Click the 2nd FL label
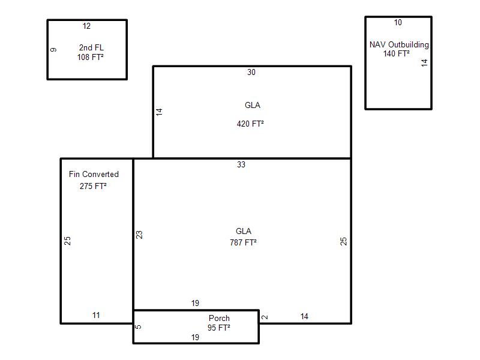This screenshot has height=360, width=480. pos(91,48)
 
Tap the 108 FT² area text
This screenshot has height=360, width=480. pos(91,57)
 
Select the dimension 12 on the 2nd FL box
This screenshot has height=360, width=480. pos(86,26)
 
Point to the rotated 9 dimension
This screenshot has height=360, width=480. pos(53,50)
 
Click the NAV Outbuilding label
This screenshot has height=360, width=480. pos(399,44)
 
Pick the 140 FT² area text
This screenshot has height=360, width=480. pos(397,53)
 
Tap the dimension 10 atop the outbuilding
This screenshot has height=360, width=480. pos(398,22)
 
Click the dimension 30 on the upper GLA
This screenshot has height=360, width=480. pos(251,72)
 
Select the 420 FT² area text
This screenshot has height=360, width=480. pos(250,124)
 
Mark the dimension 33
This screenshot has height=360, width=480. pos(241,164)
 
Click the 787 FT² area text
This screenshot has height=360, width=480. pos(244,242)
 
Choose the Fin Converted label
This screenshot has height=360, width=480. pos(94,174)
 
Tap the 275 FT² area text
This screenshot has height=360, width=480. pos(93,186)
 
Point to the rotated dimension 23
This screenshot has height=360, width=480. pos(139,235)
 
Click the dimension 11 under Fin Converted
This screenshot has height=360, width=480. pos(96,316)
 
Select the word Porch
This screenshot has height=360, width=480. pos(219,319)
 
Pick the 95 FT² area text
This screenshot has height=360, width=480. pos(219,328)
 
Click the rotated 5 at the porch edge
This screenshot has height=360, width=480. pos(139,327)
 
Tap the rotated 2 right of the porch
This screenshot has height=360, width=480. pos(265,317)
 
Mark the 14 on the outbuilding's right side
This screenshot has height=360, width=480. pos(424,63)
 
